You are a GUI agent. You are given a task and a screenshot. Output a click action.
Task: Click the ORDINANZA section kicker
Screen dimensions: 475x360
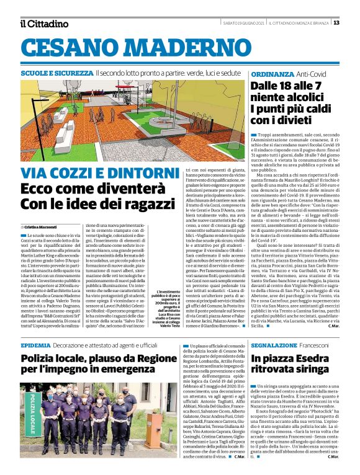(x=273, y=73)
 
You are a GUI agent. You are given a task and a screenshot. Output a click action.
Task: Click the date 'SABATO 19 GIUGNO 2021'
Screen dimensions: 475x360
(x=244, y=23)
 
